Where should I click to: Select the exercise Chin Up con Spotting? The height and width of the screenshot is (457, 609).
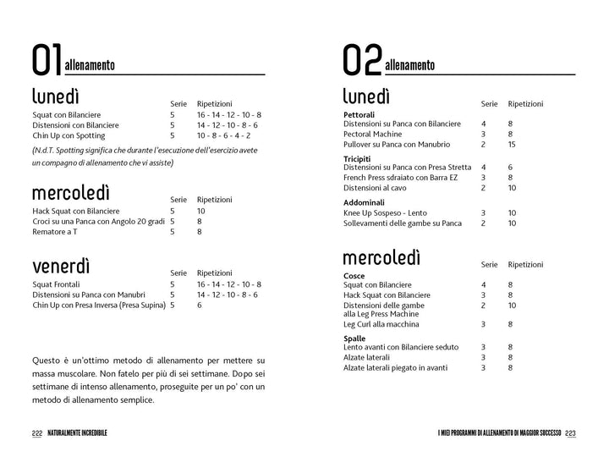click(x=69, y=135)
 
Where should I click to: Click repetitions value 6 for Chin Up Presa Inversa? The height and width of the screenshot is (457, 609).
click(x=200, y=306)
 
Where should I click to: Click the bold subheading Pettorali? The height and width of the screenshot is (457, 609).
click(x=359, y=114)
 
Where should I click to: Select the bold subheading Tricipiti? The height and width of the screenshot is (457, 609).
click(x=358, y=158)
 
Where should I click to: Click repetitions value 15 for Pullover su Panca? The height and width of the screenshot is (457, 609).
click(x=513, y=144)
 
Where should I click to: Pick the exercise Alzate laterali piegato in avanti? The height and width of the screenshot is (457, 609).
click(x=396, y=367)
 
